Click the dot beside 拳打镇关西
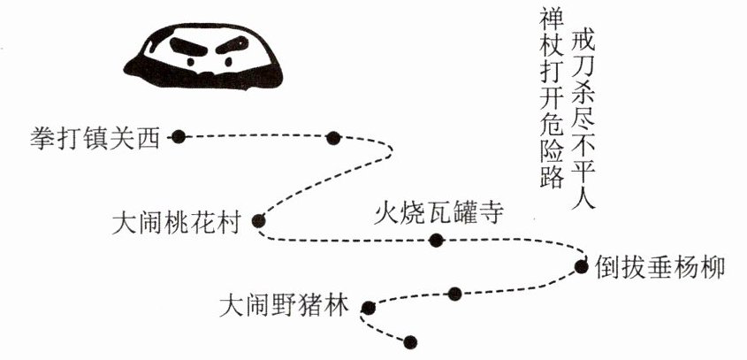coord(179,136)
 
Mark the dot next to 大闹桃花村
coord(258,221)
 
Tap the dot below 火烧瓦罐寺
coord(434,239)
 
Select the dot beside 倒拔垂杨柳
coord(581,265)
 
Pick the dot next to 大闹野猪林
coord(368,308)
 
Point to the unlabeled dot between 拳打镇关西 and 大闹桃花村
coord(333,137)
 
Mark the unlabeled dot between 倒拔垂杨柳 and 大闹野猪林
coord(454,294)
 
